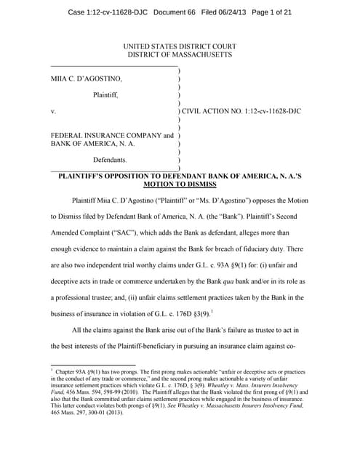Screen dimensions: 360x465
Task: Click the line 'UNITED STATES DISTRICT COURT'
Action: click(180, 46)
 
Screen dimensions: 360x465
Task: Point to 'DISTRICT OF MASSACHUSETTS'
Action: click(180, 55)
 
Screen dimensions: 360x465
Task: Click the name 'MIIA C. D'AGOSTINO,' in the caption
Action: click(87, 78)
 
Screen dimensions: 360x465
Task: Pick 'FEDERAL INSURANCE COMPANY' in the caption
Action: click(106, 135)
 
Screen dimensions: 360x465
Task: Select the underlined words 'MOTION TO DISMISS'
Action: click(180, 185)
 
